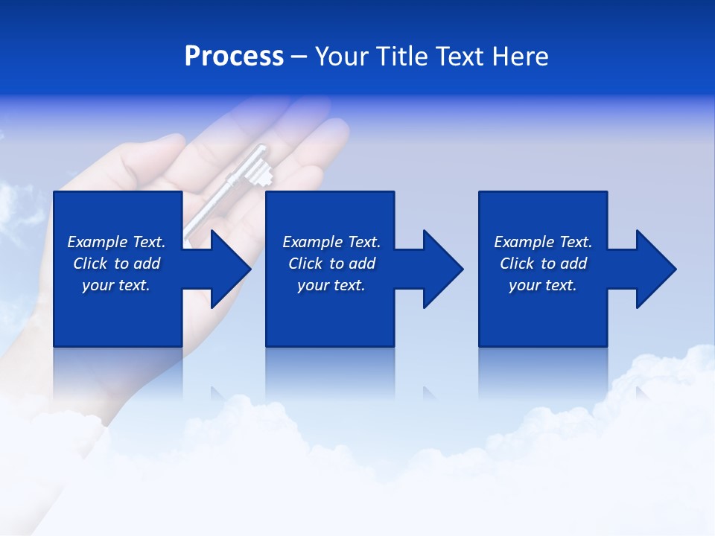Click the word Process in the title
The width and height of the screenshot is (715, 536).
tap(234, 57)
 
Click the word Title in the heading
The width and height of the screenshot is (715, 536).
tap(403, 57)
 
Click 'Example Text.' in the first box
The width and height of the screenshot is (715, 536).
tap(116, 242)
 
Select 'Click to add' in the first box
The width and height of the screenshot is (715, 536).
tap(116, 264)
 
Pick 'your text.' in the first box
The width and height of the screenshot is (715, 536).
tap(116, 285)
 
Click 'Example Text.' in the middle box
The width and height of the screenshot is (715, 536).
tap(331, 242)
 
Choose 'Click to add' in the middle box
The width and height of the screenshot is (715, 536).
tap(331, 264)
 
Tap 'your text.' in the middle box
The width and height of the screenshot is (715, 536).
tap(331, 285)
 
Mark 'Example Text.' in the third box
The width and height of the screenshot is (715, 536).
tap(543, 242)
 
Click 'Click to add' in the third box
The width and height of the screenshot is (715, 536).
tap(543, 264)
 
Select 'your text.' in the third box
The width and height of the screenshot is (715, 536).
tap(543, 285)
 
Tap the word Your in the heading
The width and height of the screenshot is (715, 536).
tap(343, 57)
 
